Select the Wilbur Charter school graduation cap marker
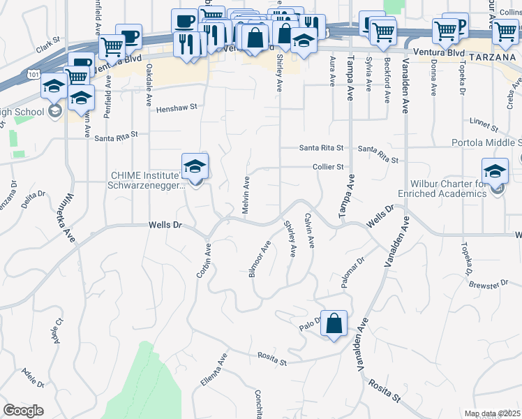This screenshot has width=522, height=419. (495, 170)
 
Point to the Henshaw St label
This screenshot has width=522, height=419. (177, 108)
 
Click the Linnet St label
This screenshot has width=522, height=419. (484, 126)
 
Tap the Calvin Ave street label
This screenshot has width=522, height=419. (308, 231)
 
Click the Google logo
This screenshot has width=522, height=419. (23, 411)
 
